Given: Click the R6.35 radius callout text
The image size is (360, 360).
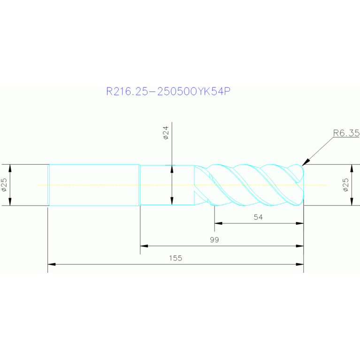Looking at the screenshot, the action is coord(346,133).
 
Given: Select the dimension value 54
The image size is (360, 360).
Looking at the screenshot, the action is coord(258,217).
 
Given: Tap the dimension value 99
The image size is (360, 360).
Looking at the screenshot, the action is coord(214,239).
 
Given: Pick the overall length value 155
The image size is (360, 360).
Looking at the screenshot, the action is coord(176,258).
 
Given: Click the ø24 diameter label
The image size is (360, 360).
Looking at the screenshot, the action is coord(166,135).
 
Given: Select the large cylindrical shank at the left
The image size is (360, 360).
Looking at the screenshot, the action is coord(94,185).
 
